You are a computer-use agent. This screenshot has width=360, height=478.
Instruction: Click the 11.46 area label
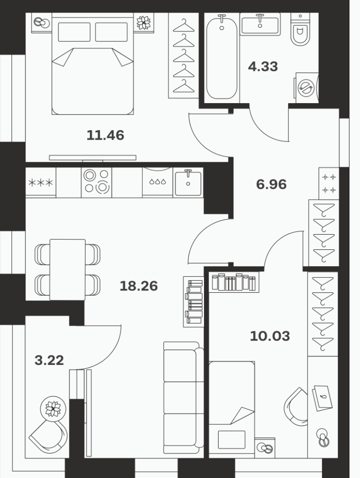pos(105,135)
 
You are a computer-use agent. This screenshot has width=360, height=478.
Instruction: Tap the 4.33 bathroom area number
pos(263,67)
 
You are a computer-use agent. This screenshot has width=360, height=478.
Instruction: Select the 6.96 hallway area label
pos(271,184)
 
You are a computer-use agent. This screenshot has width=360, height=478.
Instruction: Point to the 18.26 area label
pos(138,286)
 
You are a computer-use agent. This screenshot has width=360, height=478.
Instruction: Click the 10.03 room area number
pos(270,336)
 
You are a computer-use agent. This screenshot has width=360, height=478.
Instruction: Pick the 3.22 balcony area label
pos(49,360)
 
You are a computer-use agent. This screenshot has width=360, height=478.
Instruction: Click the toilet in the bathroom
pos(300,30)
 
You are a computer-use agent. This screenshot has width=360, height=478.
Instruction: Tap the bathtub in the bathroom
pos(221,58)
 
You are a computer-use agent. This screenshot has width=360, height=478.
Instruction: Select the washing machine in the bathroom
pos(306,88)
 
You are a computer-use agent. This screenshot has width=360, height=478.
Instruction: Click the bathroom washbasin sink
pos(260,25)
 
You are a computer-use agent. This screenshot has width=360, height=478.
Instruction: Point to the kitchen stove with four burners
pos(96,182)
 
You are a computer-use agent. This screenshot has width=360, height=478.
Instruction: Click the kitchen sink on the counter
pos(188,182)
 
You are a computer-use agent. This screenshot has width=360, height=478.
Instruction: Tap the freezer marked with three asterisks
pos(41,182)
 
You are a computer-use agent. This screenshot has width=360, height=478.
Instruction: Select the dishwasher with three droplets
pos(157,182)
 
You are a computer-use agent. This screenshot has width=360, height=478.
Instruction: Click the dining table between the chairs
pos(67,270)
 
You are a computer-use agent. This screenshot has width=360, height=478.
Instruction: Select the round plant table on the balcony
pos(53,409)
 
